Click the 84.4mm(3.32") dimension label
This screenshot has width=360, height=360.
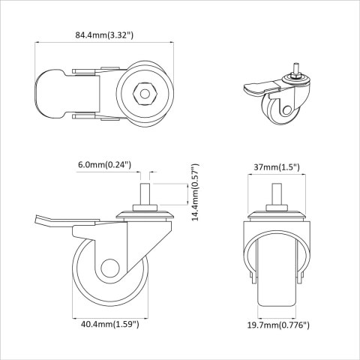coord(104,34)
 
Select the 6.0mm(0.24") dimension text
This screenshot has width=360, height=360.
coord(104,165)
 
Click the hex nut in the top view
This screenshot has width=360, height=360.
coord(142,94)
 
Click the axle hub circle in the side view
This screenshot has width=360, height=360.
coord(110,269)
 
